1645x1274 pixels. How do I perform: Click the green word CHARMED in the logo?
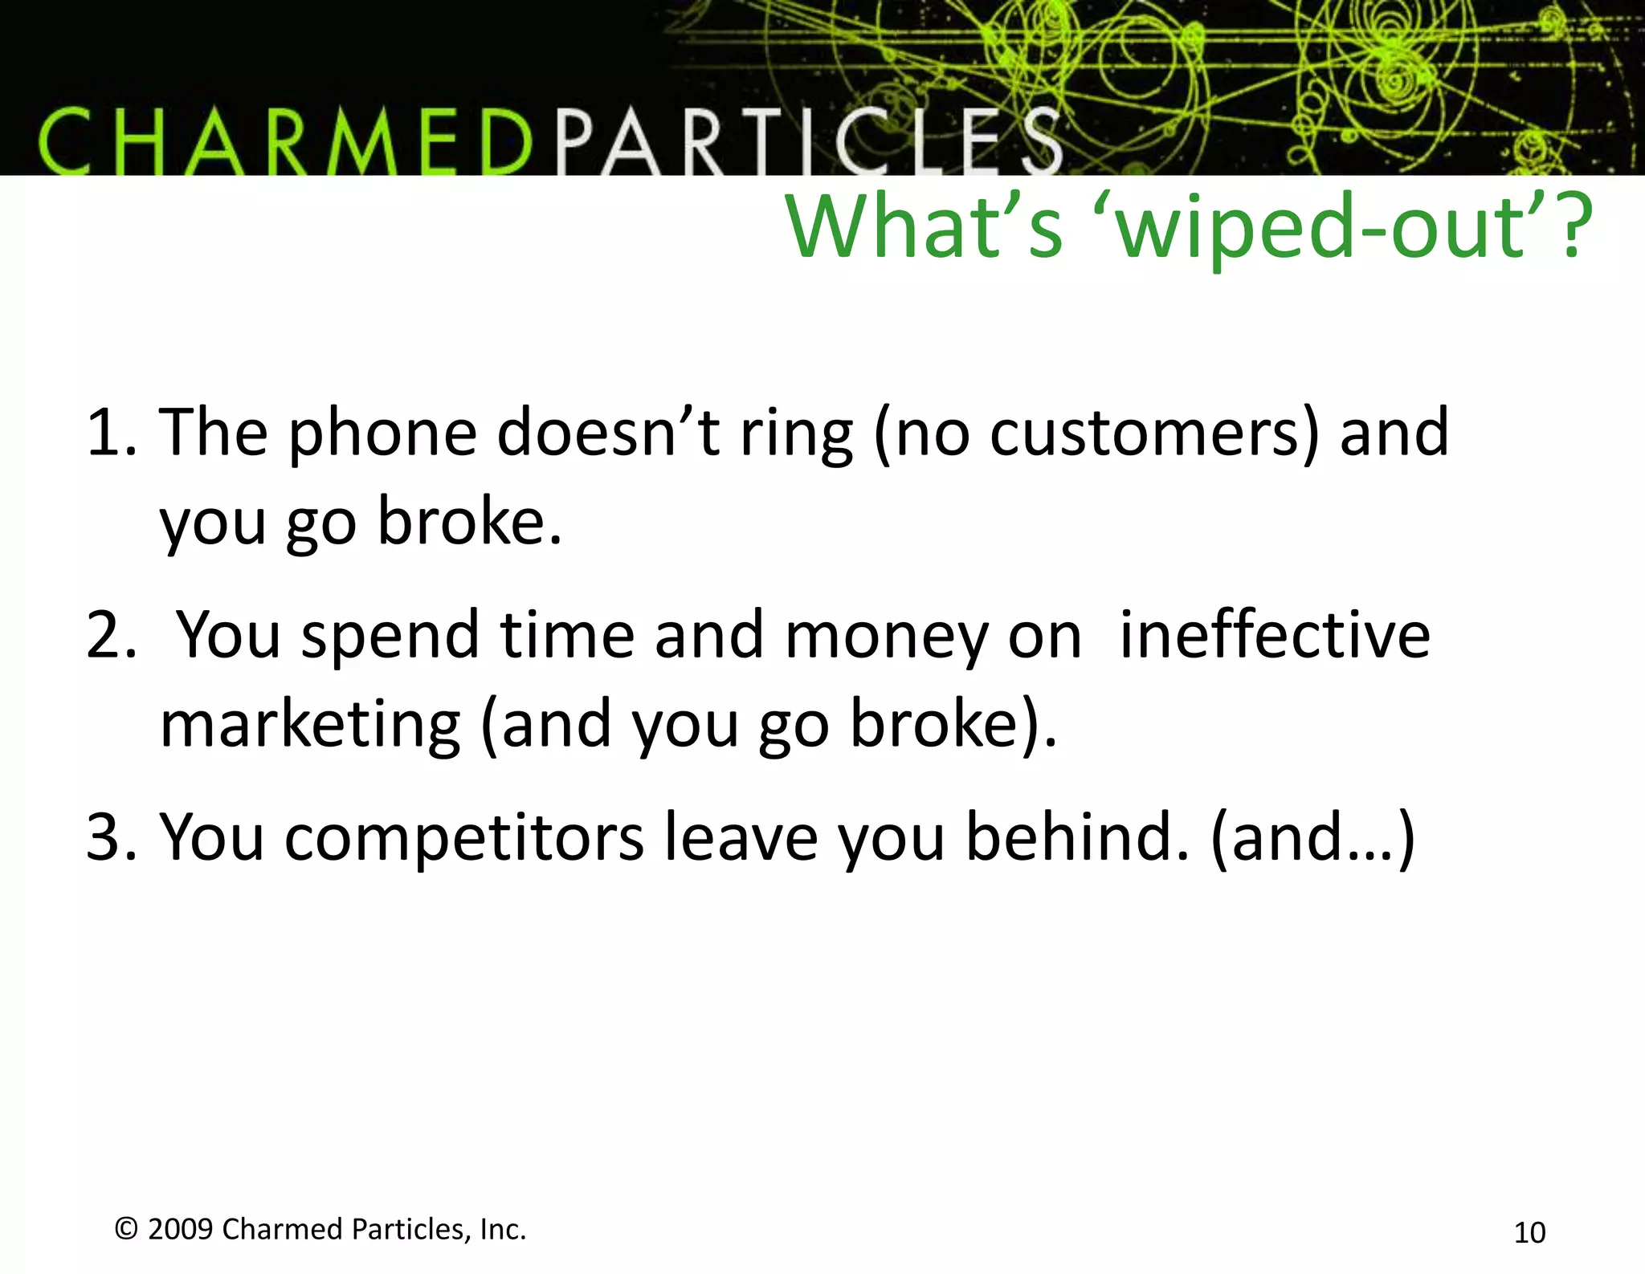(x=285, y=143)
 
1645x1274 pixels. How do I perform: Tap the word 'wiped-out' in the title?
(x=1325, y=229)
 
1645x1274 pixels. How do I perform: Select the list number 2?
(x=109, y=636)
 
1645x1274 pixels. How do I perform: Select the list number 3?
(x=108, y=837)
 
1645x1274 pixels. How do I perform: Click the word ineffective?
(x=1275, y=635)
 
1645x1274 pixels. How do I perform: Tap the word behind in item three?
(x=1076, y=837)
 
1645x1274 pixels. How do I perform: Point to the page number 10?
(x=1529, y=1232)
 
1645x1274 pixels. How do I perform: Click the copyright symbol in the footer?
(x=126, y=1228)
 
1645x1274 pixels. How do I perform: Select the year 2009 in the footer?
(x=180, y=1229)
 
